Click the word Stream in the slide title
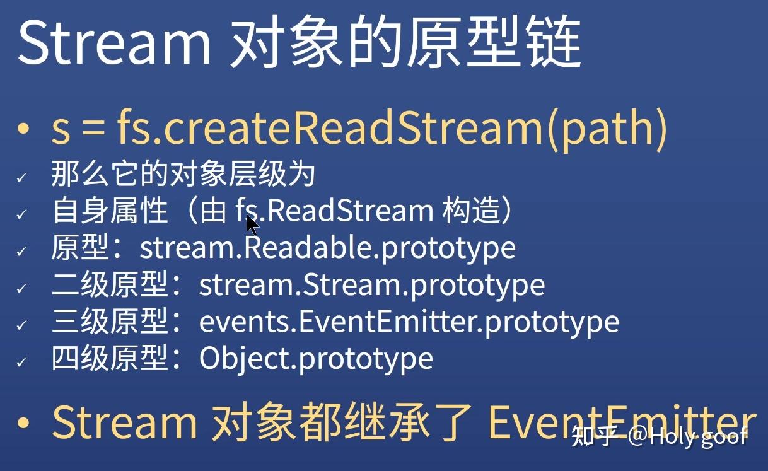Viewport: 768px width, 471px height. pos(113,43)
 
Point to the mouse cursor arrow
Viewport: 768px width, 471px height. pos(252,224)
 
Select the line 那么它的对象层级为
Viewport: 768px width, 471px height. pos(183,175)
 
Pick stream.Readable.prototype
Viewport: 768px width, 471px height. pos(327,248)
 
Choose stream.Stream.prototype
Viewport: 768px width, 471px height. pos(372,285)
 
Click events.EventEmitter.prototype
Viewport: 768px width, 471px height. pos(409,322)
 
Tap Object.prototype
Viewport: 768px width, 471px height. pos(316,359)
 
